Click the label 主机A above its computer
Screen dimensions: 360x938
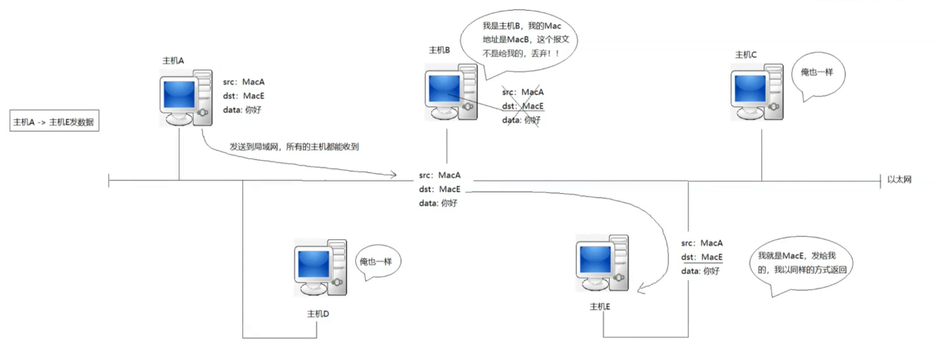click(x=173, y=60)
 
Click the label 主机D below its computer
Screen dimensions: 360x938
click(x=318, y=314)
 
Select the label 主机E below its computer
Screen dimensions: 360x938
click(x=600, y=306)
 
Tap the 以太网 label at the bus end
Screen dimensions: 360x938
click(x=899, y=179)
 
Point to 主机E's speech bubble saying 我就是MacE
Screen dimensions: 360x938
click(x=806, y=263)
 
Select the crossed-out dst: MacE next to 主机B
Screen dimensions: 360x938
click(x=523, y=106)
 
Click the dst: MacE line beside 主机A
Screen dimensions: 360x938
click(x=244, y=96)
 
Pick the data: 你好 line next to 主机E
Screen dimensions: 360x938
click(x=700, y=271)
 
